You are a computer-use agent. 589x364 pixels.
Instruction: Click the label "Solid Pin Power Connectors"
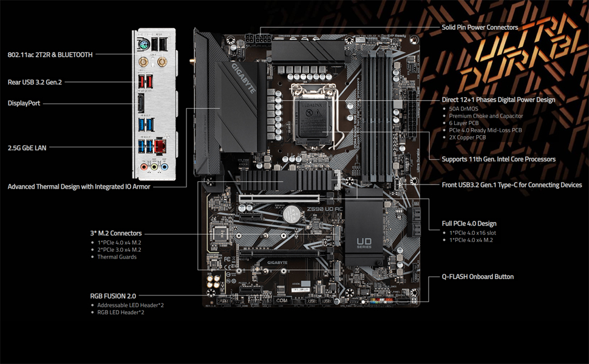click(x=480, y=27)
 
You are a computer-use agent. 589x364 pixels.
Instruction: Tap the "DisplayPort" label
click(x=24, y=103)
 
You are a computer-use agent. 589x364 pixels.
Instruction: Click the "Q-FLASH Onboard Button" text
click(x=478, y=277)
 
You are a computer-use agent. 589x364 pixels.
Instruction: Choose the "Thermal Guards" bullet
click(x=117, y=257)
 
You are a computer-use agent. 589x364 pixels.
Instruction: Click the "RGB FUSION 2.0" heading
click(x=114, y=296)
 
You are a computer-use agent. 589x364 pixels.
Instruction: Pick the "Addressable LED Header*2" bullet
click(x=131, y=305)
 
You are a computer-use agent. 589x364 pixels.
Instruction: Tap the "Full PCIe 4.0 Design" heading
click(x=469, y=224)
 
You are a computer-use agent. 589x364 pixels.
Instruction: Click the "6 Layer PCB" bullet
click(x=464, y=123)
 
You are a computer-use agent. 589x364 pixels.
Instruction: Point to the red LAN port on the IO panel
click(x=161, y=146)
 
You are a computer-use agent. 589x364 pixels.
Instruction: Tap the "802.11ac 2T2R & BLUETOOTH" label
click(x=50, y=55)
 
